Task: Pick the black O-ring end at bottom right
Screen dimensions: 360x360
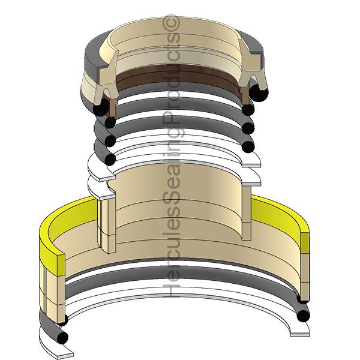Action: tap(304, 315)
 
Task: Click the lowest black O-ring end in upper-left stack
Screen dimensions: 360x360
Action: tap(109, 158)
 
